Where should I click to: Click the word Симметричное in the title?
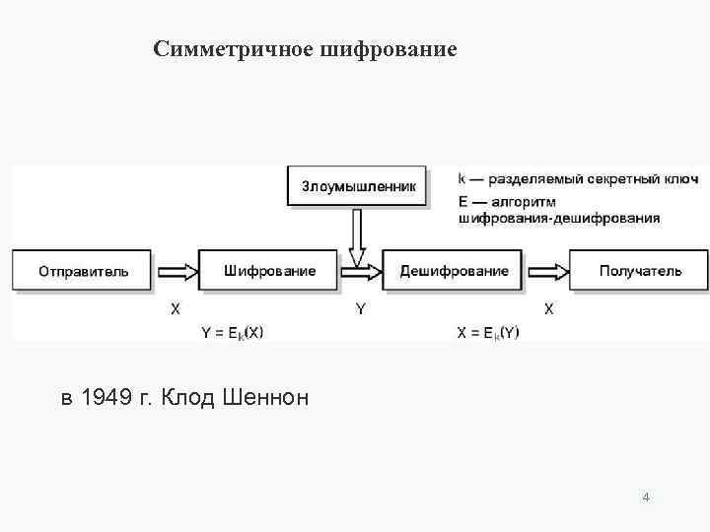[233, 48]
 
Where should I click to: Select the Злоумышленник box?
[358, 186]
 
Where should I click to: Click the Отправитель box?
[83, 270]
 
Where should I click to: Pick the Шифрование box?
[269, 270]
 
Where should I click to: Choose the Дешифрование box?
[455, 270]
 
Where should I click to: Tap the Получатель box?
[639, 270]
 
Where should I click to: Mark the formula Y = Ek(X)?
[232, 333]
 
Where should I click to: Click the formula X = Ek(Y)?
[488, 333]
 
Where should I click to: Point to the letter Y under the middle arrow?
[361, 308]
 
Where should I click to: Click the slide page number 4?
[645, 497]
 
